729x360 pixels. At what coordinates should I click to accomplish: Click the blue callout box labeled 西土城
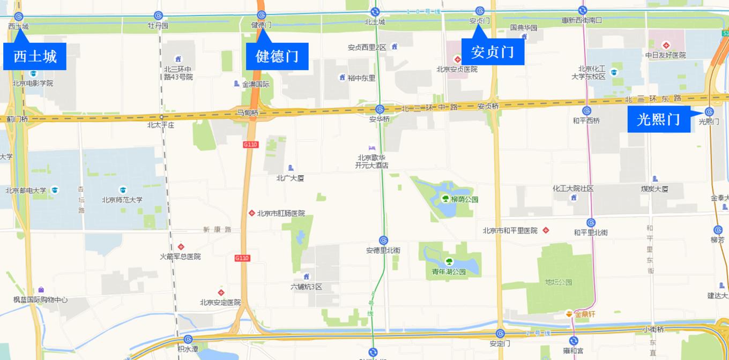(35, 56)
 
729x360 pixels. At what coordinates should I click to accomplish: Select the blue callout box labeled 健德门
(277, 56)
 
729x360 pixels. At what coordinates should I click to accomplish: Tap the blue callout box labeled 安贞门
(493, 52)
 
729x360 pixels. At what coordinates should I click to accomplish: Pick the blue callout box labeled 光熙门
(658, 119)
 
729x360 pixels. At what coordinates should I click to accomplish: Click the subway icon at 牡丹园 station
(158, 16)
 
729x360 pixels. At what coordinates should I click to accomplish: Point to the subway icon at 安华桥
(380, 109)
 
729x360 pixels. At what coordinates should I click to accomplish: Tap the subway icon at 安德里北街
(383, 241)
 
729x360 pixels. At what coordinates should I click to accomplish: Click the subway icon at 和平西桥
(586, 111)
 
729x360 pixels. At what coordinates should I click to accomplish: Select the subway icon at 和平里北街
(591, 223)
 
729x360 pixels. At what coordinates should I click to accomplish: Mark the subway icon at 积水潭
(188, 339)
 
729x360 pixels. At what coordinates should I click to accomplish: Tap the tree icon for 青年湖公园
(449, 262)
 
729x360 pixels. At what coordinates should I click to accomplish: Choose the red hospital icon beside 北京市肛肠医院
(251, 213)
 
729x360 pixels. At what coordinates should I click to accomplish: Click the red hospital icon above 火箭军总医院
(181, 247)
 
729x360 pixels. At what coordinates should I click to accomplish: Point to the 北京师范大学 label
(122, 200)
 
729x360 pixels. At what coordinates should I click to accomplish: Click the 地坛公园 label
(559, 282)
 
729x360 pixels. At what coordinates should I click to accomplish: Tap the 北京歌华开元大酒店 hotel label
(371, 161)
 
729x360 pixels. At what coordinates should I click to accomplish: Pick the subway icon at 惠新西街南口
(582, 11)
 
